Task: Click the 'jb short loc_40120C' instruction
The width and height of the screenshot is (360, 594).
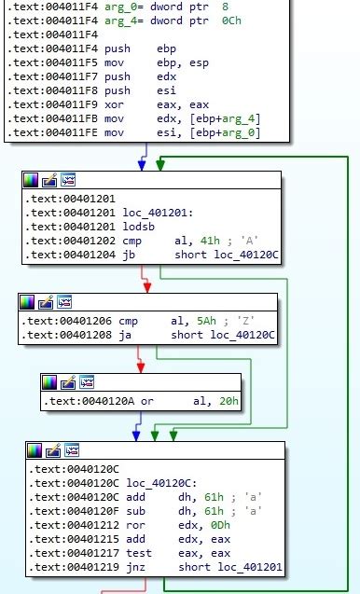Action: (168, 255)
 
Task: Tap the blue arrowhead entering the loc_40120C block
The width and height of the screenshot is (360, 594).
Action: (137, 435)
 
